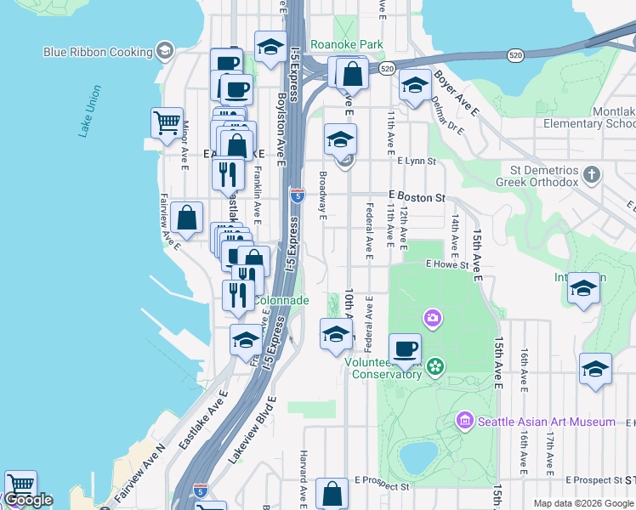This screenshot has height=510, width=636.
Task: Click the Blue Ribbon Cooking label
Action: click(x=98, y=52)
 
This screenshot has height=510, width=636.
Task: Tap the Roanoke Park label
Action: click(x=346, y=45)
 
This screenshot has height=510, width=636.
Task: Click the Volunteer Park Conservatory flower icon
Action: click(x=435, y=365)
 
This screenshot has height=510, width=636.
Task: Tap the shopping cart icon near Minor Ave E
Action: click(x=167, y=122)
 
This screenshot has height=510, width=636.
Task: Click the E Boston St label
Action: click(x=417, y=197)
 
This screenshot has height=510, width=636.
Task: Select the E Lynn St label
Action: click(x=416, y=161)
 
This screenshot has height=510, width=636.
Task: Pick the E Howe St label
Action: click(x=447, y=265)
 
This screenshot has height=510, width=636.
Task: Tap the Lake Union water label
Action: click(x=89, y=110)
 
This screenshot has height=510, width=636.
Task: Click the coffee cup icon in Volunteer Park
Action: click(x=405, y=348)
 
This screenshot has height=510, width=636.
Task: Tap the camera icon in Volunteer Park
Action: click(x=433, y=319)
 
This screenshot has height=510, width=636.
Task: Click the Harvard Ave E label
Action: click(x=303, y=476)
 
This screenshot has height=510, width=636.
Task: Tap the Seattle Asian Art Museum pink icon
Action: click(x=464, y=421)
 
